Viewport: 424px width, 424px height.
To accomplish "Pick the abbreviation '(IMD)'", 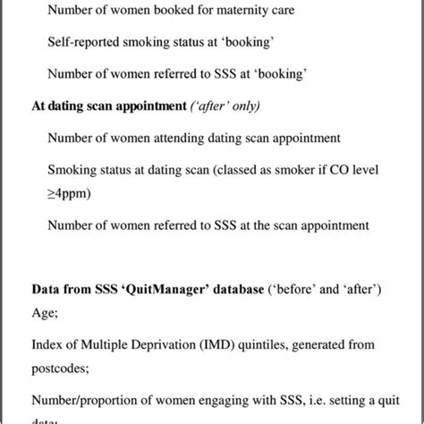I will pos(216,343).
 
